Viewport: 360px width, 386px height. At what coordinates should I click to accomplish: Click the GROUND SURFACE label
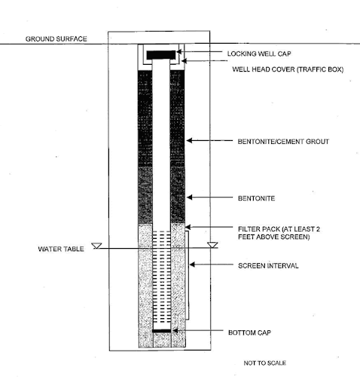pyautogui.click(x=56, y=39)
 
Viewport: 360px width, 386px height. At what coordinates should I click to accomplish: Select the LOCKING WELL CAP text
pyautogui.click(x=259, y=54)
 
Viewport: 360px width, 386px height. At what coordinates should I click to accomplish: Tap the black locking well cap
pyautogui.click(x=161, y=55)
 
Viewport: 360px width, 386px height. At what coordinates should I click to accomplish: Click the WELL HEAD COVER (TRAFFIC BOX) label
pyautogui.click(x=288, y=69)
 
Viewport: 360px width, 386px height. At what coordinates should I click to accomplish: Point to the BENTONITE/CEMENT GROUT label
pyautogui.click(x=283, y=142)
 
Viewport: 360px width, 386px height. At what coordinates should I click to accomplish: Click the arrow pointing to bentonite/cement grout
pyautogui.click(x=209, y=140)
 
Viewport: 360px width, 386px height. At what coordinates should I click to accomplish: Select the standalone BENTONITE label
pyautogui.click(x=256, y=198)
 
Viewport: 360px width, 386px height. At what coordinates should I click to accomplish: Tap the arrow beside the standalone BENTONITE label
pyautogui.click(x=209, y=198)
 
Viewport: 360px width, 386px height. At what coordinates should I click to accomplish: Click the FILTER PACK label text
pyautogui.click(x=279, y=233)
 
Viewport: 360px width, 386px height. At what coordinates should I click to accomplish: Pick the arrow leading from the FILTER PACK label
pyautogui.click(x=209, y=227)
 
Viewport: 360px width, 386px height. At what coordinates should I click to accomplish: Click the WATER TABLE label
pyautogui.click(x=61, y=249)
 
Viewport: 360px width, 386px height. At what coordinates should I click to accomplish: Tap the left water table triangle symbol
pyautogui.click(x=96, y=246)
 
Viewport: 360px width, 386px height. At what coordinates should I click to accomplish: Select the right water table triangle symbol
pyautogui.click(x=212, y=245)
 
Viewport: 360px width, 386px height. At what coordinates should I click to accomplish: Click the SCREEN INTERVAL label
pyautogui.click(x=268, y=266)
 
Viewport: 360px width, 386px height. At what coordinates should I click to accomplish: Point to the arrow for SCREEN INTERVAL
pyautogui.click(x=211, y=265)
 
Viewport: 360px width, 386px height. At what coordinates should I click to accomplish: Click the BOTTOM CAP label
pyautogui.click(x=249, y=332)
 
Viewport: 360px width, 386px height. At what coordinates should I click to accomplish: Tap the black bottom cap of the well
pyautogui.click(x=162, y=331)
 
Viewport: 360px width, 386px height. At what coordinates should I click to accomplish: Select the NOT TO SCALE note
pyautogui.click(x=264, y=363)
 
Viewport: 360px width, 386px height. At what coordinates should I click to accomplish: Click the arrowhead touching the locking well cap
pyautogui.click(x=178, y=52)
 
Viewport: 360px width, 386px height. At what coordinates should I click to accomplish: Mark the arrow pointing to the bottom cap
pyautogui.click(x=198, y=331)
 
